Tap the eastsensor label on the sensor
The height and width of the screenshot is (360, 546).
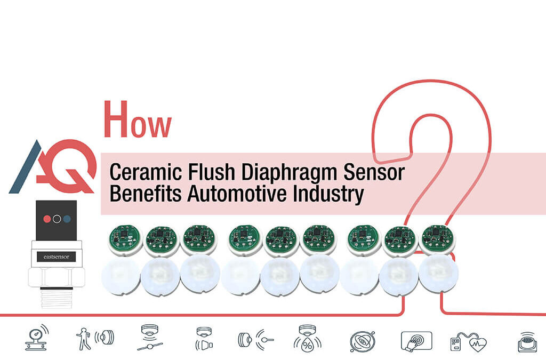point(56,257)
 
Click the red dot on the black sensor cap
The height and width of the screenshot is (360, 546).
point(46,219)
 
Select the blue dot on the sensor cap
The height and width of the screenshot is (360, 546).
point(67,219)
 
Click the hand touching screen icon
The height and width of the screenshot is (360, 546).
point(416,340)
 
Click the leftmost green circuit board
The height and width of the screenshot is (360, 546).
point(125,238)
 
